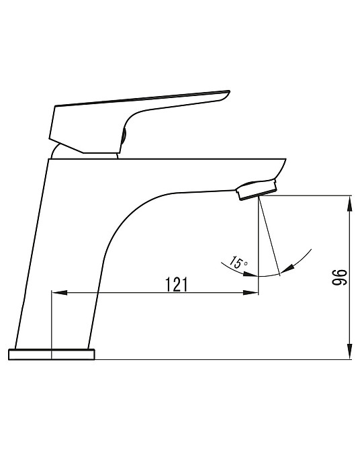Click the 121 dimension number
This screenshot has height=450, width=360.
tap(176, 284)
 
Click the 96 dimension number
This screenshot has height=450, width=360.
tap(339, 277)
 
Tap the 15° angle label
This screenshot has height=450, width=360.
tap(238, 263)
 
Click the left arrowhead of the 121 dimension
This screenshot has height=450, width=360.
tap(59, 293)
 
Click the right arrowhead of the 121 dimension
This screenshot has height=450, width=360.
tap(251, 293)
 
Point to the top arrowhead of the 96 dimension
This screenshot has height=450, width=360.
tap(350, 204)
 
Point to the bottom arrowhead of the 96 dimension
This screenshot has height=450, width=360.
tap(350, 351)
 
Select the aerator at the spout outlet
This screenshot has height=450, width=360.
tap(257, 189)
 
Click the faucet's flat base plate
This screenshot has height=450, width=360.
tap(52, 354)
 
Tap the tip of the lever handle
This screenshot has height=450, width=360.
tap(229, 92)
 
